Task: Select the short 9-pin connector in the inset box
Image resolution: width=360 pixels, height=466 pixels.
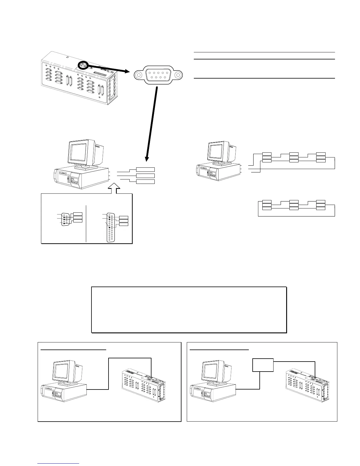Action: [x=65, y=218]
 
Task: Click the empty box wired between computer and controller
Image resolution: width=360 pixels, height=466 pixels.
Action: [x=263, y=365]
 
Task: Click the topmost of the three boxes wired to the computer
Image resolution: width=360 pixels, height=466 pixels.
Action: [x=145, y=169]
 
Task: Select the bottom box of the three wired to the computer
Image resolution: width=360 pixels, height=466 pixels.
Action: [x=145, y=181]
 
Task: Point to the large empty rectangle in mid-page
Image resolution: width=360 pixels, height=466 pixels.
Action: [x=189, y=309]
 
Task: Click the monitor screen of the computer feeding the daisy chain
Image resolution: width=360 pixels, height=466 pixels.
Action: [x=218, y=152]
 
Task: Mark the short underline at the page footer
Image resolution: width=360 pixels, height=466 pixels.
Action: [x=59, y=463]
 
